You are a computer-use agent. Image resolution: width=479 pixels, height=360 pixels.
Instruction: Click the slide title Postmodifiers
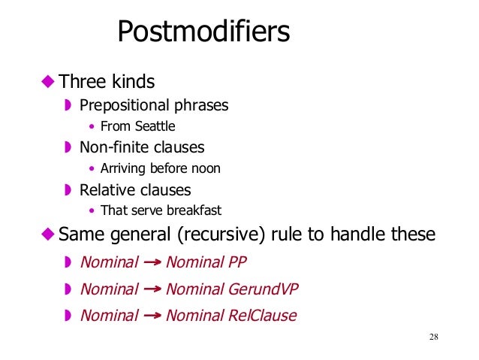coord(203,32)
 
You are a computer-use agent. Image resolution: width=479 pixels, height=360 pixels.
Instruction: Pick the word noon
coord(206,168)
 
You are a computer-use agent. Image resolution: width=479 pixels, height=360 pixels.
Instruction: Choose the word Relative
coord(105,190)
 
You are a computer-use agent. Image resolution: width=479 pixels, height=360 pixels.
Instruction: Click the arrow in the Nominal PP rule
coord(152,262)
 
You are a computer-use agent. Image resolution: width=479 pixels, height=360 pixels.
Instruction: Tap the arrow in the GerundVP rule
coord(152,289)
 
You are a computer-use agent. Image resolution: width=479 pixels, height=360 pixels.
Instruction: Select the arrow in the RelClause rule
coord(152,316)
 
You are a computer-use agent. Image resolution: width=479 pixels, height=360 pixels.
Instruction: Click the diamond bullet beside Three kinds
coord(48,80)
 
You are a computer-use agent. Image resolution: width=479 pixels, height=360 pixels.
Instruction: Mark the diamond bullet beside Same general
coord(48,234)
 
